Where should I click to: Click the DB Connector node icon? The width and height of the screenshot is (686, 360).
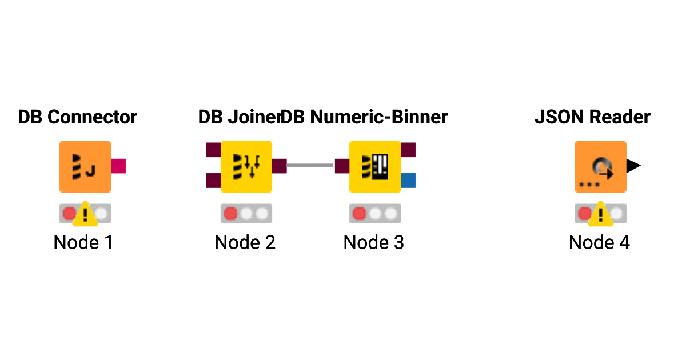pyautogui.click(x=85, y=166)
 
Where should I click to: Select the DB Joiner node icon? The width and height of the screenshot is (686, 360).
pyautogui.click(x=246, y=166)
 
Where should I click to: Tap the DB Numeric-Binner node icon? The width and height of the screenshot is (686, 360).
pyautogui.click(x=375, y=166)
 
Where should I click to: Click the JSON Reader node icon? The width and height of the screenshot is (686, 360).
pyautogui.click(x=600, y=166)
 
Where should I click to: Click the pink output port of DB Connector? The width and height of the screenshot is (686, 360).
pyautogui.click(x=118, y=166)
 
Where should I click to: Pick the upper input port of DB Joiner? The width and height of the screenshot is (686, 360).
pyautogui.click(x=213, y=150)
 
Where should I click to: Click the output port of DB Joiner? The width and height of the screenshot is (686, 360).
pyautogui.click(x=280, y=166)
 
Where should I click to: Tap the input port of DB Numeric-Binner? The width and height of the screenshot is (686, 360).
pyautogui.click(x=342, y=166)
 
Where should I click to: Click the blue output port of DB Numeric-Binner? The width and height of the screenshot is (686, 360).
pyautogui.click(x=408, y=181)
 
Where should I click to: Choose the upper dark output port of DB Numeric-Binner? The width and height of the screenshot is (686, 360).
pyautogui.click(x=408, y=150)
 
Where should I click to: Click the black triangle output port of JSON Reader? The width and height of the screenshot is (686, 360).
pyautogui.click(x=633, y=166)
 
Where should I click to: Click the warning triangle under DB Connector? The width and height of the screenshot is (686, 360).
pyautogui.click(x=86, y=214)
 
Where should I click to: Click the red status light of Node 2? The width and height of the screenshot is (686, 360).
pyautogui.click(x=230, y=214)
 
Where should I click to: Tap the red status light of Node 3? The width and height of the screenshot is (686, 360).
pyautogui.click(x=360, y=214)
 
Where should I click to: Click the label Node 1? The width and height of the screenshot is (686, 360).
pyautogui.click(x=83, y=242)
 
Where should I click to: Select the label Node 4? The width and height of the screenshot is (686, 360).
pyautogui.click(x=599, y=242)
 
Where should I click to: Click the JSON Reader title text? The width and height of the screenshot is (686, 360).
pyautogui.click(x=592, y=117)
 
